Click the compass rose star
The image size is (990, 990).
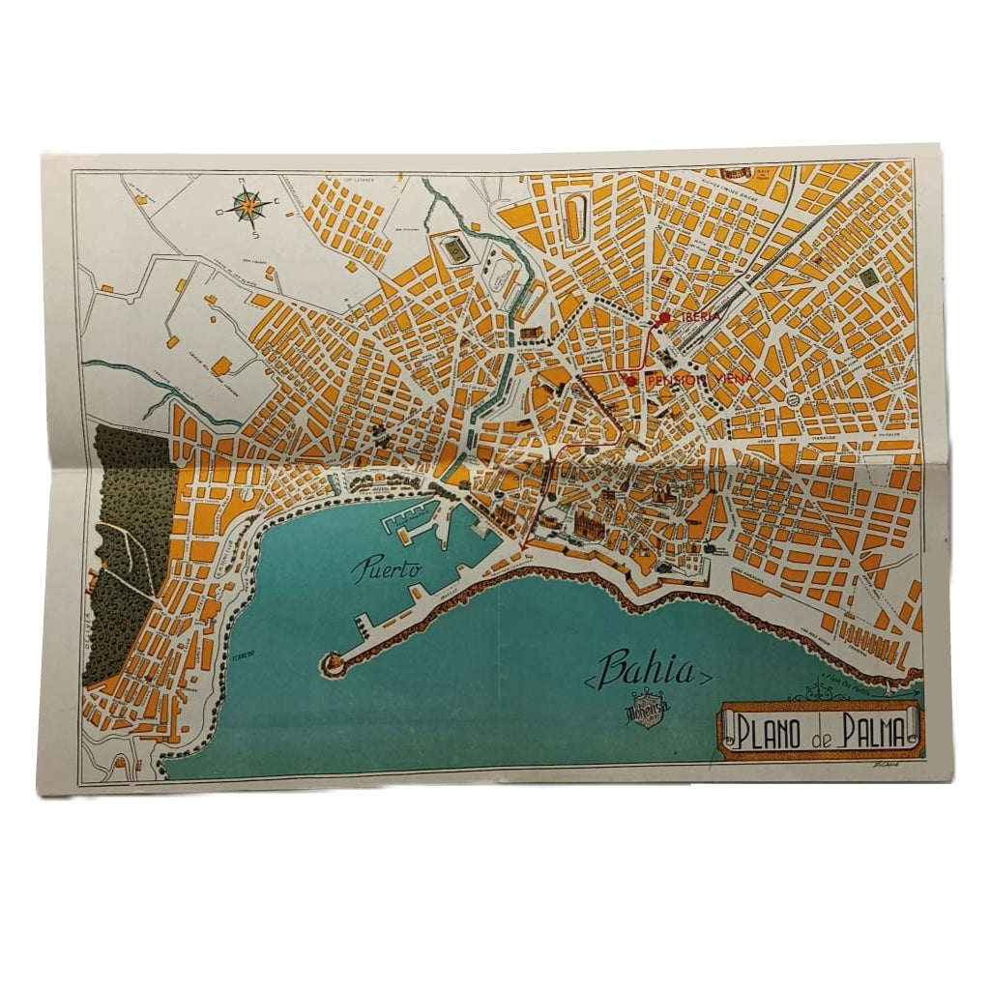pos(250,206)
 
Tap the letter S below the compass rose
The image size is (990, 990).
pos(250,233)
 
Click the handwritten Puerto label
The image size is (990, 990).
pos(386,568)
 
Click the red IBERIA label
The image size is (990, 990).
pos(696,316)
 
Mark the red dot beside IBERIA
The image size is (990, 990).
pos(665,317)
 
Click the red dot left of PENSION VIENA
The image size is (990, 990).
pos(631,380)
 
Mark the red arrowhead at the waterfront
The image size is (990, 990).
pos(523,549)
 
